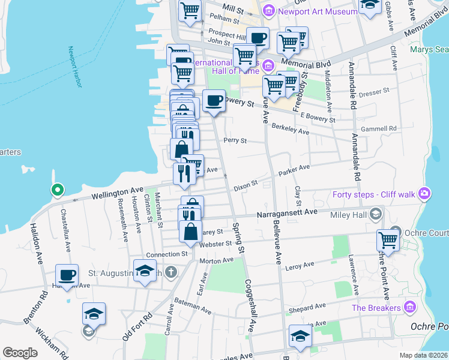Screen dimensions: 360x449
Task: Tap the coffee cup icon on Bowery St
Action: tap(214, 100)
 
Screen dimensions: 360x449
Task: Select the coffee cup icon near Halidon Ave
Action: tap(67, 275)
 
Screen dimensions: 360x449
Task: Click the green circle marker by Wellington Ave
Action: tap(57, 190)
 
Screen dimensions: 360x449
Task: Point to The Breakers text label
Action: tap(376, 308)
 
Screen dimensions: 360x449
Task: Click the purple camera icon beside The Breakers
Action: tap(411, 307)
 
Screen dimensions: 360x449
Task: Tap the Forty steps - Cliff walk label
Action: tap(375, 193)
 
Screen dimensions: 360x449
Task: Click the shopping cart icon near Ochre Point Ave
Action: tap(388, 239)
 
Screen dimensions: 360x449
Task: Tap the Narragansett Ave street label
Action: tap(286, 213)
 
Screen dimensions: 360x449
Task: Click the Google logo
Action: tap(20, 352)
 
